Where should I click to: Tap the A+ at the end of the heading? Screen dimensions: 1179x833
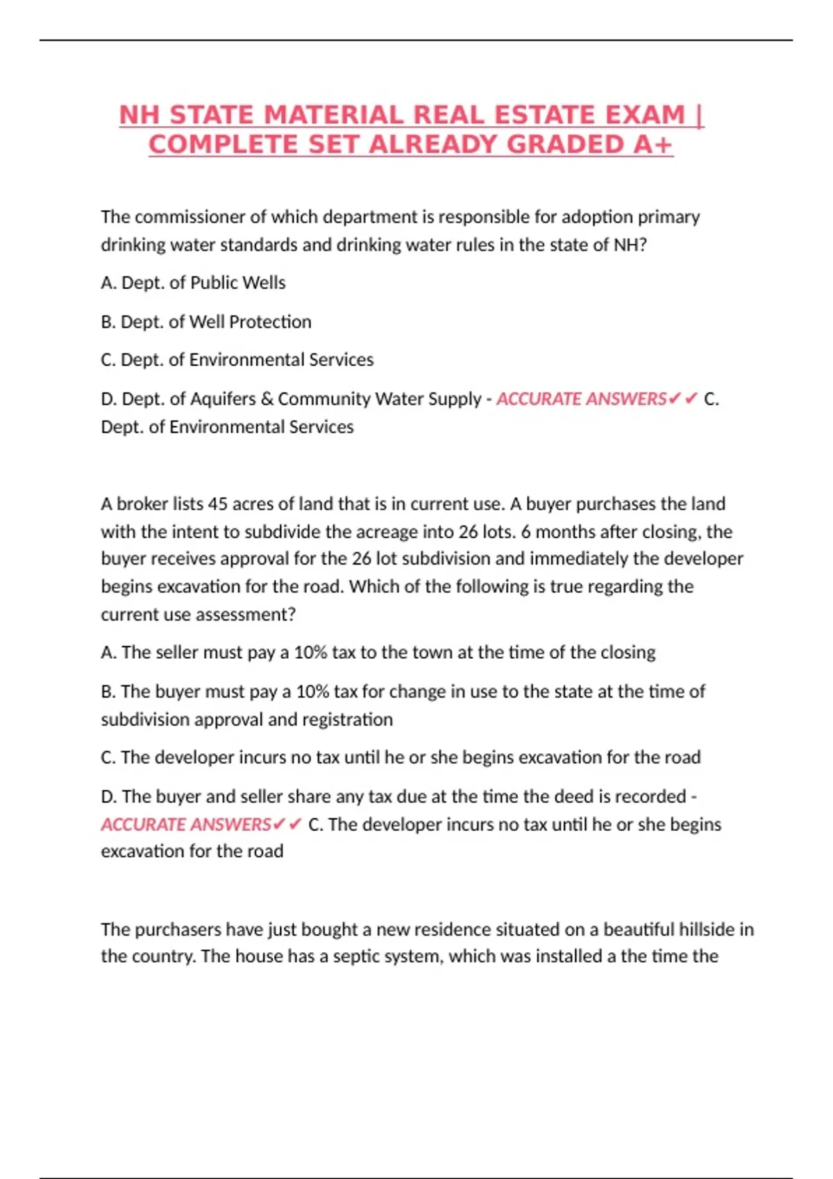(x=653, y=144)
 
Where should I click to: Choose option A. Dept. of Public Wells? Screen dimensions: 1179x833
(x=193, y=283)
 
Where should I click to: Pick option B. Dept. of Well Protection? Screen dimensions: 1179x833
(x=206, y=322)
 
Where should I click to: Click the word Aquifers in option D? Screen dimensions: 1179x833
(x=223, y=399)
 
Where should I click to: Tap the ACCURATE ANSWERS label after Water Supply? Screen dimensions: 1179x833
(x=582, y=399)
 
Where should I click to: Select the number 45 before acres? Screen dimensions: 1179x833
(x=218, y=504)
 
